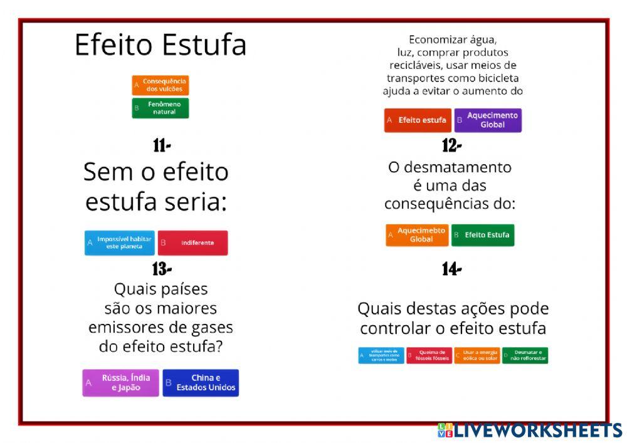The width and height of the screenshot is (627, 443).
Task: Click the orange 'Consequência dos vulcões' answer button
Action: click(x=160, y=85)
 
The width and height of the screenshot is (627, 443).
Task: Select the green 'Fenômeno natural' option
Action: click(x=160, y=108)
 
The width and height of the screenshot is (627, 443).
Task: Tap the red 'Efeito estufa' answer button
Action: click(x=418, y=120)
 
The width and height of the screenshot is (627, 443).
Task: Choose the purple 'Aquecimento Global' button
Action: click(x=488, y=120)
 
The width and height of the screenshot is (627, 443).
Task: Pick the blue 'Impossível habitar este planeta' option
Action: click(x=119, y=242)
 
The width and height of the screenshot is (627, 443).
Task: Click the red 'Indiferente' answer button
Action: click(x=192, y=242)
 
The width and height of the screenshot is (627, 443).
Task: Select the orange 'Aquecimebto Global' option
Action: click(x=417, y=235)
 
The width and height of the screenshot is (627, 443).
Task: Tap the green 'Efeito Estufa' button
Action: click(x=482, y=235)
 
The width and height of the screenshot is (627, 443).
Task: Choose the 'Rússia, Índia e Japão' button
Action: click(x=121, y=383)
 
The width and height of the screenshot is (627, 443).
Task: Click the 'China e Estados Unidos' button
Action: click(x=201, y=383)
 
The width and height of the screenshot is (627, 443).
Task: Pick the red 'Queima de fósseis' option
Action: click(x=429, y=355)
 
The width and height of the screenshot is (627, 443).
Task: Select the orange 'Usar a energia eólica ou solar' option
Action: click(x=477, y=355)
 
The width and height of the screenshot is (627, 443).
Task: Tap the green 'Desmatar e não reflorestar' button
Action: click(x=525, y=355)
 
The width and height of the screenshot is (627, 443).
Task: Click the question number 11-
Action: click(x=162, y=145)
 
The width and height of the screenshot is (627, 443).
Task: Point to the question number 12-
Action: click(x=451, y=145)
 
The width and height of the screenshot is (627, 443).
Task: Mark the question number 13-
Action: click(x=162, y=269)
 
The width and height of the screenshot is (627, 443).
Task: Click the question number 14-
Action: click(x=451, y=269)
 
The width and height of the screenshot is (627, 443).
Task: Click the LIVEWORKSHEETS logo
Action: click(x=530, y=430)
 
